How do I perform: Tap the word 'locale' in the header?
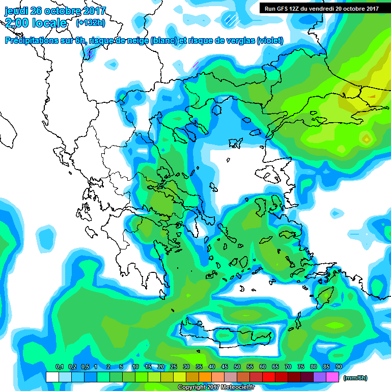[x=48, y=23]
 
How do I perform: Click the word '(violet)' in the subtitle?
[x=270, y=41]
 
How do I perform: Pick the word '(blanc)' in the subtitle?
[x=162, y=41]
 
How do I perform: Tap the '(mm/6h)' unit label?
[x=355, y=378]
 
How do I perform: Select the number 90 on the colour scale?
[x=339, y=367]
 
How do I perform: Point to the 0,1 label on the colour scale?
[x=59, y=367]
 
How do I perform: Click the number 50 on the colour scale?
[x=237, y=367]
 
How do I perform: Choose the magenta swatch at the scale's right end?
[x=332, y=377]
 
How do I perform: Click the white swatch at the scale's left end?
[x=52, y=377]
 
